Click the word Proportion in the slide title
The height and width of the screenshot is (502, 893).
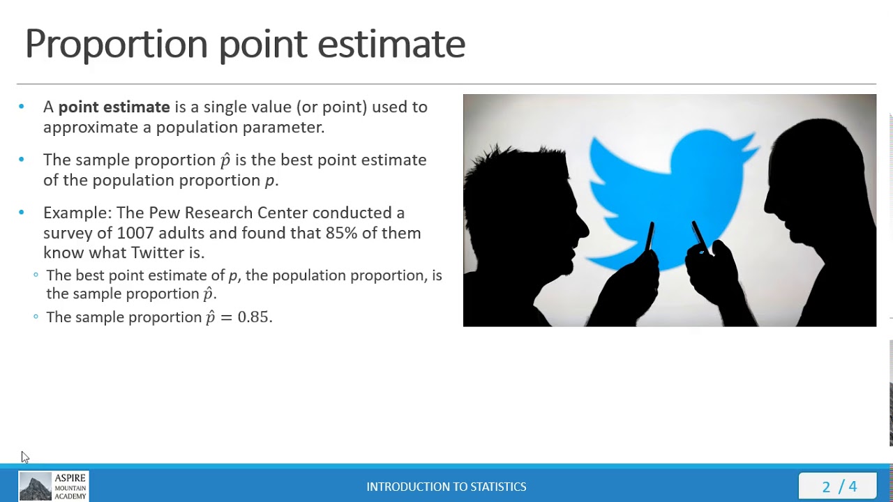[117, 45]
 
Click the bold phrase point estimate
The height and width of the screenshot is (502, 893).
[114, 107]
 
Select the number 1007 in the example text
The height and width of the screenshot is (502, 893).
[135, 233]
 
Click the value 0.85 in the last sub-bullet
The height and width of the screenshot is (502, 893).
[253, 317]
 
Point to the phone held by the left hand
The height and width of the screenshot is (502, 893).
[650, 237]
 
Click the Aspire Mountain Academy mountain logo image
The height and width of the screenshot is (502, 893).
[35, 487]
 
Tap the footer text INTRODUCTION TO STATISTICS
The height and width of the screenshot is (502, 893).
[446, 487]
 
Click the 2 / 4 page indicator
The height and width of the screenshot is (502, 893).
[839, 487]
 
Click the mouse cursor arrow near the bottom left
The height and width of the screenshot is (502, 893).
[24, 457]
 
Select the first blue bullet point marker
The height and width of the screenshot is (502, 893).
[22, 107]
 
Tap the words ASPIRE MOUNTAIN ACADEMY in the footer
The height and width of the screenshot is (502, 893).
[70, 487]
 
